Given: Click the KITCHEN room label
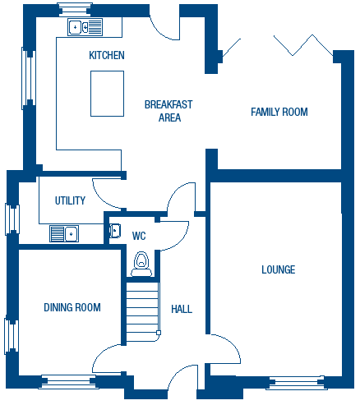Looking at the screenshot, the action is [x=107, y=55].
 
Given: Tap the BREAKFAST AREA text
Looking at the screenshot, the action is [x=168, y=111].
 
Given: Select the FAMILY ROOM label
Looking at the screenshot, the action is [x=279, y=112].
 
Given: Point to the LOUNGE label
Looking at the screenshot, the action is [x=279, y=269].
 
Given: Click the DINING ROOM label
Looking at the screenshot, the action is [x=72, y=307].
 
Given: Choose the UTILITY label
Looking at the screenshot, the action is [x=70, y=200].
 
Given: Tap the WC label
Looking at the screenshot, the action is [x=139, y=236].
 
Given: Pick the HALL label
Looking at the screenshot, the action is [x=182, y=309].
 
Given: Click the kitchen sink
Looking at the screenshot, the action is [x=85, y=27].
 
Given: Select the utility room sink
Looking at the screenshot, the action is [x=64, y=233].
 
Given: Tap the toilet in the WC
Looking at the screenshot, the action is [x=141, y=264].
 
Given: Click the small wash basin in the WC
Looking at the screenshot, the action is [x=115, y=231].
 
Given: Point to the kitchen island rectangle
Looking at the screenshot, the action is [x=107, y=94].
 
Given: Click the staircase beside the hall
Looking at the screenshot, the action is [x=142, y=312].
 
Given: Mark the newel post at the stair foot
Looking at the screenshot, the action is [x=159, y=333].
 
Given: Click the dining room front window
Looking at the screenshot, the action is [x=67, y=381].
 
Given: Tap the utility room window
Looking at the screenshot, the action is [x=12, y=219].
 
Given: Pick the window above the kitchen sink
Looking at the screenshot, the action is [x=75, y=10].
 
